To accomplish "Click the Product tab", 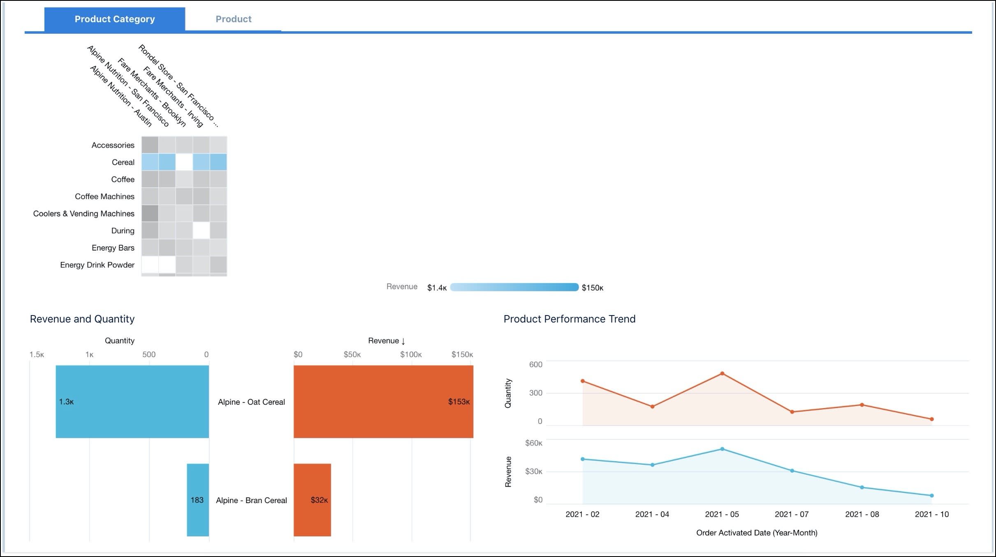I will [233, 19].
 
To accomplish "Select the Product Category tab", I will [115, 19].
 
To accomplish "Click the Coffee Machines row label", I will [104, 196].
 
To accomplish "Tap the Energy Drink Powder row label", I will [97, 265].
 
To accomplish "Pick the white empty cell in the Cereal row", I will [184, 162].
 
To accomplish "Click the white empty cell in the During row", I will [202, 230].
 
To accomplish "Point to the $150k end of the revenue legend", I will [592, 288].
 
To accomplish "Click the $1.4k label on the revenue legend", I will [436, 288].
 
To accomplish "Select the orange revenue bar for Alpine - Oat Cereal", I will [383, 402].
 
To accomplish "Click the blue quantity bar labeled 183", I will [197, 500].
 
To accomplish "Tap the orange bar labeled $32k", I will [312, 500].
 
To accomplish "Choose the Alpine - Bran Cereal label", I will [251, 500].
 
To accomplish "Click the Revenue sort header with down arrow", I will [387, 341].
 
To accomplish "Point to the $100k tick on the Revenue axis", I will [410, 355].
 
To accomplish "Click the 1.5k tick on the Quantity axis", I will [37, 355].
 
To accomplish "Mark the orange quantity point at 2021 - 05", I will [722, 374].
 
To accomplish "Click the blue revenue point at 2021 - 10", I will [931, 496].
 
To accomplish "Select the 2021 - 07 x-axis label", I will [792, 514].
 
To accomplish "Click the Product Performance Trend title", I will [569, 319].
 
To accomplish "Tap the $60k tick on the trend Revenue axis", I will [533, 443].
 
